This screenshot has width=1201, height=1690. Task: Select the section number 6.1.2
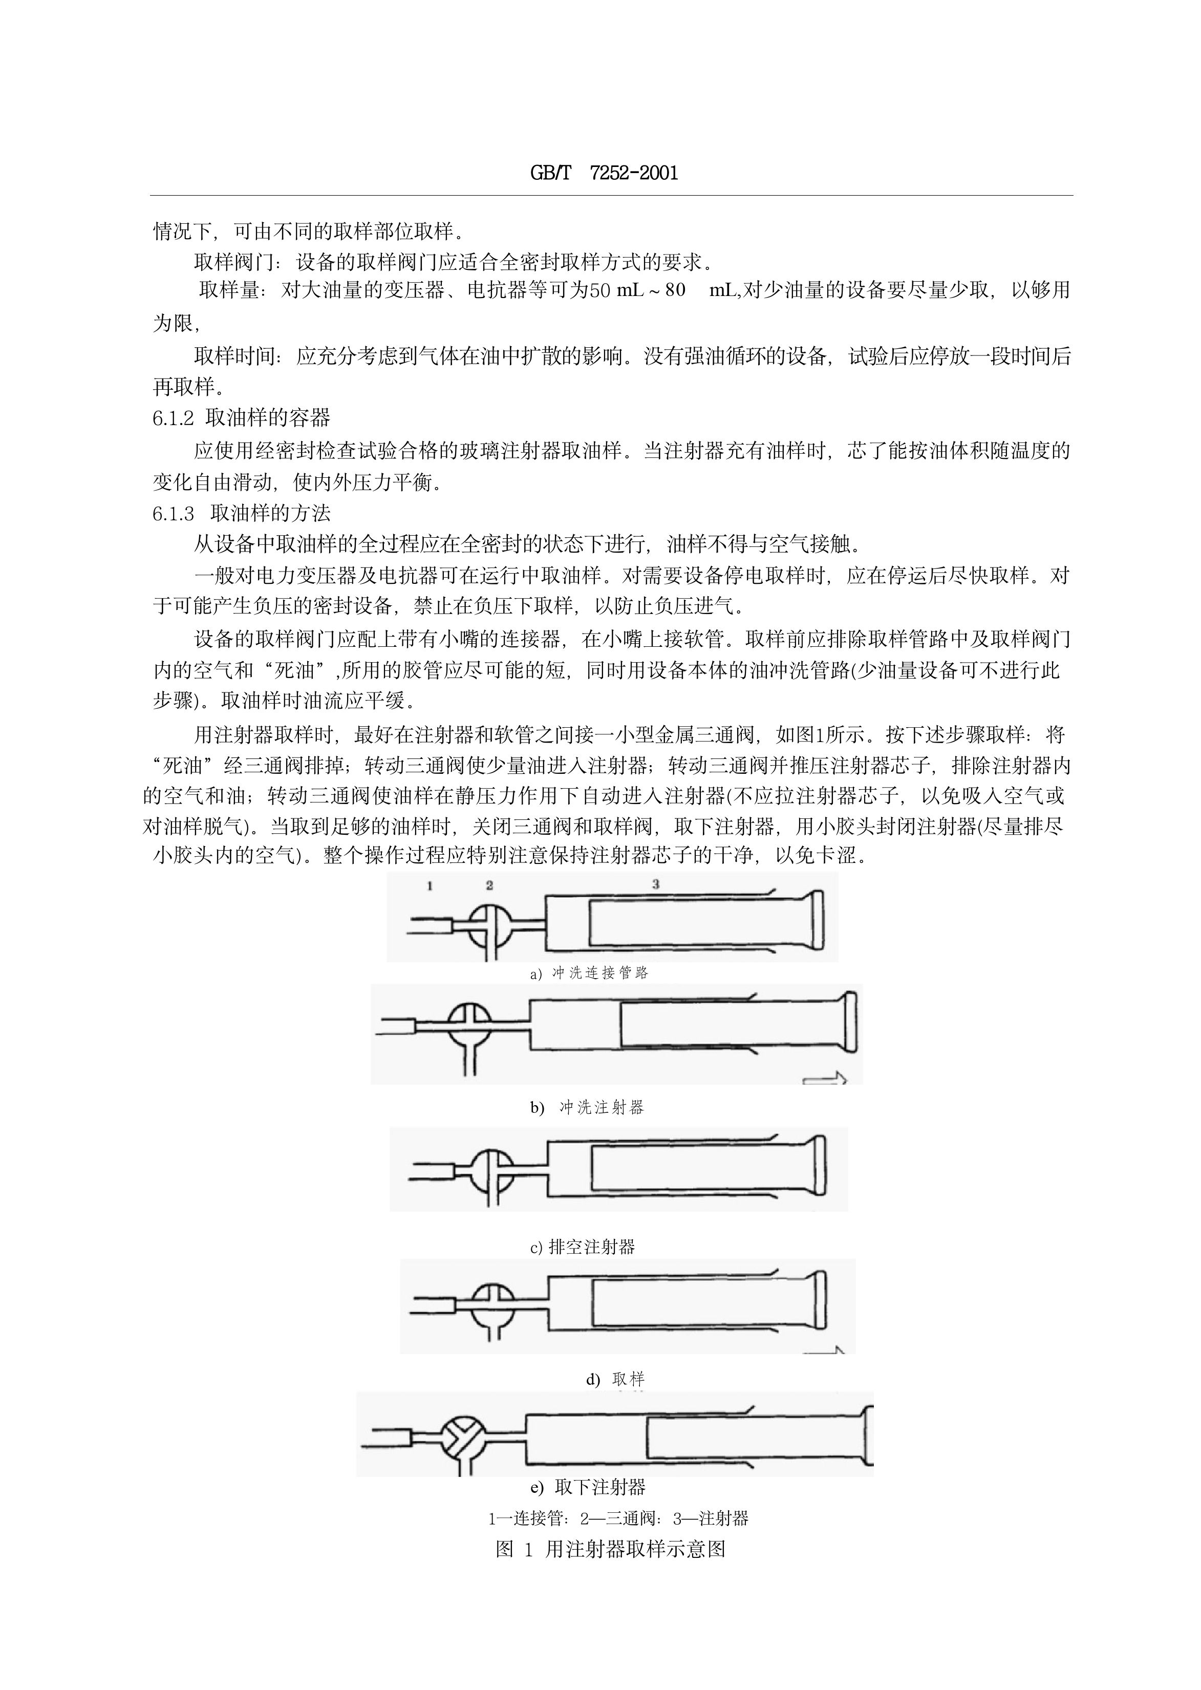[173, 418]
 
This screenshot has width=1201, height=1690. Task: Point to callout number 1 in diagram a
[429, 885]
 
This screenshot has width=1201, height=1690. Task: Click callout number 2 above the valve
[489, 885]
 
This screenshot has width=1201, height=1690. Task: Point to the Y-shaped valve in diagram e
[462, 1439]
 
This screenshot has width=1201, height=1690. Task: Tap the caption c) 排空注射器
[583, 1247]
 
